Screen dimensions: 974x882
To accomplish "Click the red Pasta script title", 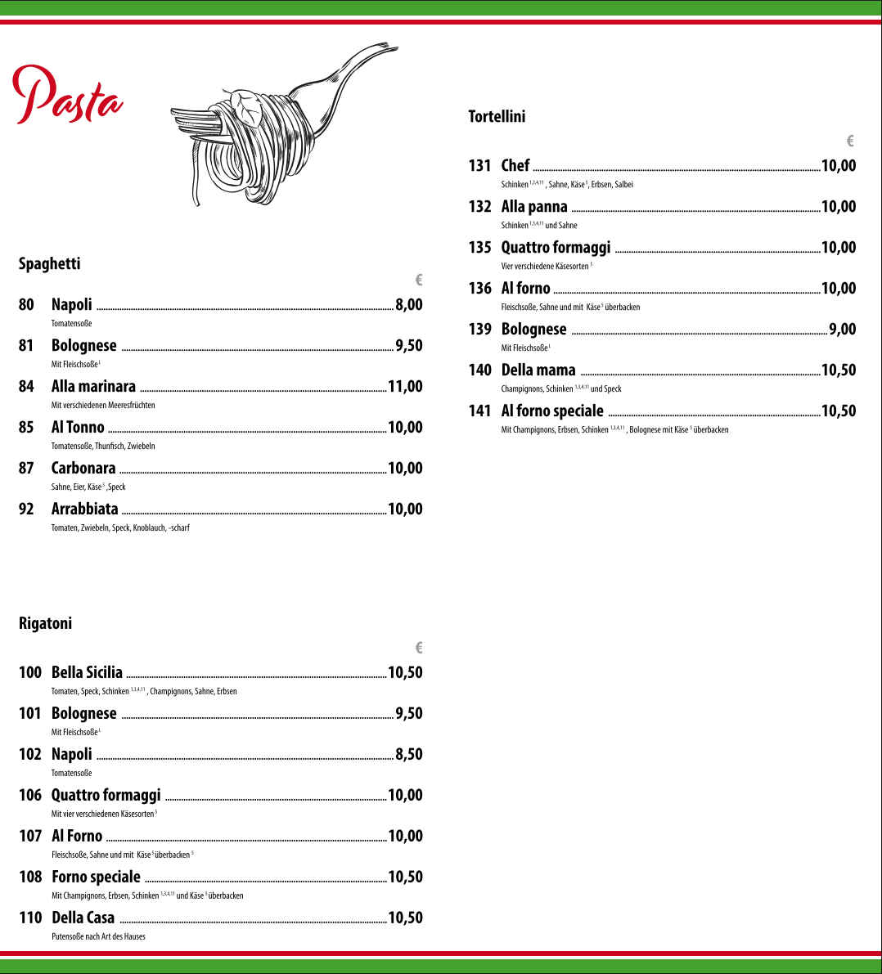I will tap(67, 96).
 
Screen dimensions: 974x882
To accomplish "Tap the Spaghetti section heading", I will tap(50, 263).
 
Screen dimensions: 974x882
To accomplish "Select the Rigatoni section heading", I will tap(46, 623).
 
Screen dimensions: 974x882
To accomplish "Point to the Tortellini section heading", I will tap(497, 116).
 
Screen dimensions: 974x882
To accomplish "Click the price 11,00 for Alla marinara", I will tap(405, 386).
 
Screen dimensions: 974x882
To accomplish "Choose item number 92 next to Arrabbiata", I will tap(27, 509).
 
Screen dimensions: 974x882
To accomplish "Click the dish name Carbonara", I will tap(83, 468).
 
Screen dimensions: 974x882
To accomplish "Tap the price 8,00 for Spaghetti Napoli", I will tap(409, 304).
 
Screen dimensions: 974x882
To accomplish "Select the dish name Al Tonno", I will tap(78, 427).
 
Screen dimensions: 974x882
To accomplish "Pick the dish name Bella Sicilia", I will tap(87, 672).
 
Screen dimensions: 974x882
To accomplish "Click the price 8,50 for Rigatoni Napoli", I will tap(409, 754).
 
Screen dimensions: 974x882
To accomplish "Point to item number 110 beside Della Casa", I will tap(30, 918).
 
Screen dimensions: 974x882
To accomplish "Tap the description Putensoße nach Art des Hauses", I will tap(98, 936).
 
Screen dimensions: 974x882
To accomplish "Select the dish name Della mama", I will tap(538, 370).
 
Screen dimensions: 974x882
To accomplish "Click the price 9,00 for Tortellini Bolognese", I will tap(843, 329).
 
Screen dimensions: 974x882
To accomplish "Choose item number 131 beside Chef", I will tap(479, 165).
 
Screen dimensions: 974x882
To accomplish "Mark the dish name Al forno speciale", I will tap(552, 411).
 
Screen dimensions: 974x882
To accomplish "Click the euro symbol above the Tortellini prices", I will tap(851, 141).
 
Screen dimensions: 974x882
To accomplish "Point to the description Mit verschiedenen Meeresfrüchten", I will tap(103, 405).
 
